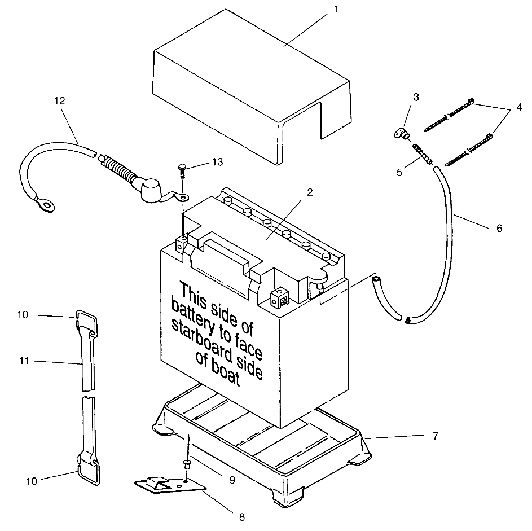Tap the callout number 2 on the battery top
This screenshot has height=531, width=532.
309,192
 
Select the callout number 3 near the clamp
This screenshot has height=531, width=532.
416,97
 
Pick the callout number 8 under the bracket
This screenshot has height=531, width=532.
243,516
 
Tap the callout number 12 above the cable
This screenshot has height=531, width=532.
60,101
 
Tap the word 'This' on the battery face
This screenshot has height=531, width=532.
195,294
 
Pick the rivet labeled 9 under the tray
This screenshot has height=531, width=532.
186,464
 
